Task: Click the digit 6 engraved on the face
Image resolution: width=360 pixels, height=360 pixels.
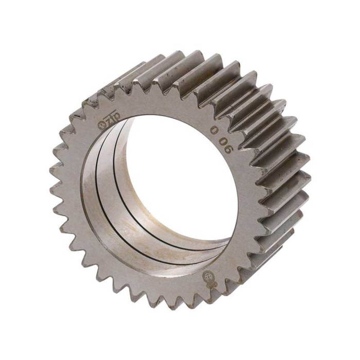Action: [x=229, y=151]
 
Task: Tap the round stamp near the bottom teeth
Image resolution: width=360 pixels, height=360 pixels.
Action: [x=209, y=275]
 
